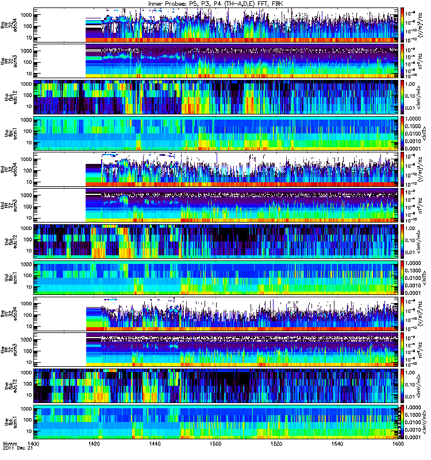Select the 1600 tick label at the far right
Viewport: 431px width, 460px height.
click(x=394, y=445)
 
